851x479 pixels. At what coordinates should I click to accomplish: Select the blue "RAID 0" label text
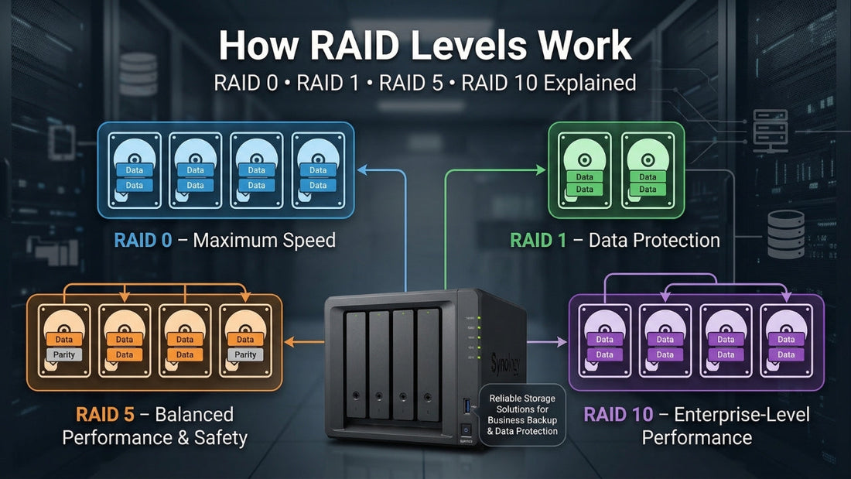pyautogui.click(x=145, y=241)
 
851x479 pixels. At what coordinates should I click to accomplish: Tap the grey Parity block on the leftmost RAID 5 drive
pyautogui.click(x=63, y=354)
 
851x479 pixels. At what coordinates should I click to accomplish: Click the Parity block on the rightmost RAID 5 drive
pyautogui.click(x=245, y=354)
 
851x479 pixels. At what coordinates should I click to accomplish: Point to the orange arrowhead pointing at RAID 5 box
pyautogui.click(x=289, y=340)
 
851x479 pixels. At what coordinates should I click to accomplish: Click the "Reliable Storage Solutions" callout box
pyautogui.click(x=522, y=415)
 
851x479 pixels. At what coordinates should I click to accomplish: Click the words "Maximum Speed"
pyautogui.click(x=264, y=241)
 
